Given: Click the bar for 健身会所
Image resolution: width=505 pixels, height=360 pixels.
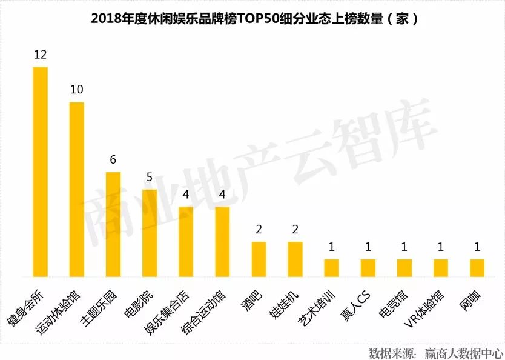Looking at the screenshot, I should coord(41,172).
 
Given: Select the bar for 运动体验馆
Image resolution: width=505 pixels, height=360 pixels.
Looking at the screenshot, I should coord(77,189).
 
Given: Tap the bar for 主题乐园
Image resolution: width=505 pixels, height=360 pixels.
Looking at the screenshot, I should coord(113,224).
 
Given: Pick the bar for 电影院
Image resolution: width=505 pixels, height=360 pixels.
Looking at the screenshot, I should coord(150,233).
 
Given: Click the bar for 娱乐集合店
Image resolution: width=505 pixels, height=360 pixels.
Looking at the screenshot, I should coord(186,242).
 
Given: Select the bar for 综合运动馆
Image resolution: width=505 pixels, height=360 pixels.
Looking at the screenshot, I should coord(222,242).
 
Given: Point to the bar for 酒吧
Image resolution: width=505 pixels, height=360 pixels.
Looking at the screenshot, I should coord(259,259).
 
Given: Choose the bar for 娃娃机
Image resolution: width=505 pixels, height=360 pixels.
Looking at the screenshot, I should coord(295,259).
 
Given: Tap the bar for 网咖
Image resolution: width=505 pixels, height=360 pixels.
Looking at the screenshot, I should coord(477,268).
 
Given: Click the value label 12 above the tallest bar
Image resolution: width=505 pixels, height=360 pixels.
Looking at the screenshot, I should coord(41,55).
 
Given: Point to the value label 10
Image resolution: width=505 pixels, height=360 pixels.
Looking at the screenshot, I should coord(77,90).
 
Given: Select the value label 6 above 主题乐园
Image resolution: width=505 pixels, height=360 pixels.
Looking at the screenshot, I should coord(113,160).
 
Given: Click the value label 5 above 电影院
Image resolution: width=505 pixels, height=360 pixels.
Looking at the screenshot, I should coord(150,178).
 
